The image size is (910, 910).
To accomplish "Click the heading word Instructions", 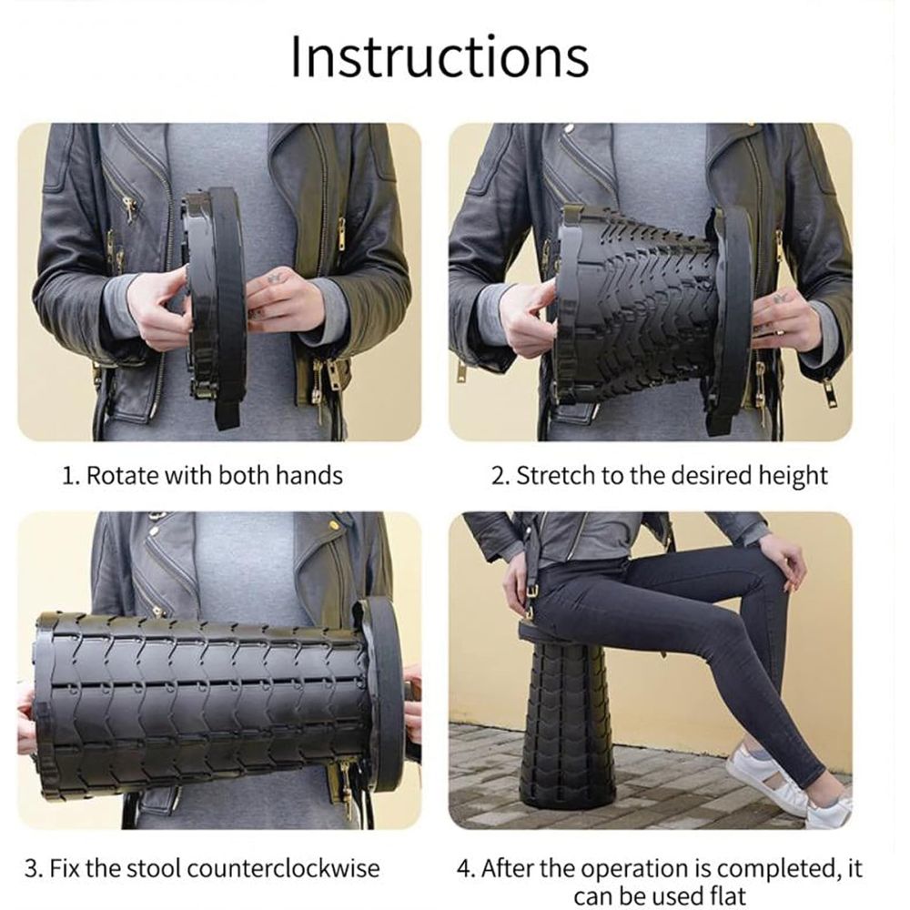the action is click(x=440, y=56).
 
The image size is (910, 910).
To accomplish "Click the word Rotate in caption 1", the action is click(x=123, y=475).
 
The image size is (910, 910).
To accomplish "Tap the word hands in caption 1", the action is click(x=308, y=475).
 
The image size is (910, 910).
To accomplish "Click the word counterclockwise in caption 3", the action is click(x=283, y=869).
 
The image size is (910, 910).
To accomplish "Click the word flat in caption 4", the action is click(x=727, y=895).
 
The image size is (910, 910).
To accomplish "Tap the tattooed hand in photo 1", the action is click(x=283, y=302).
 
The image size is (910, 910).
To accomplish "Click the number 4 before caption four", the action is click(x=464, y=869).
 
